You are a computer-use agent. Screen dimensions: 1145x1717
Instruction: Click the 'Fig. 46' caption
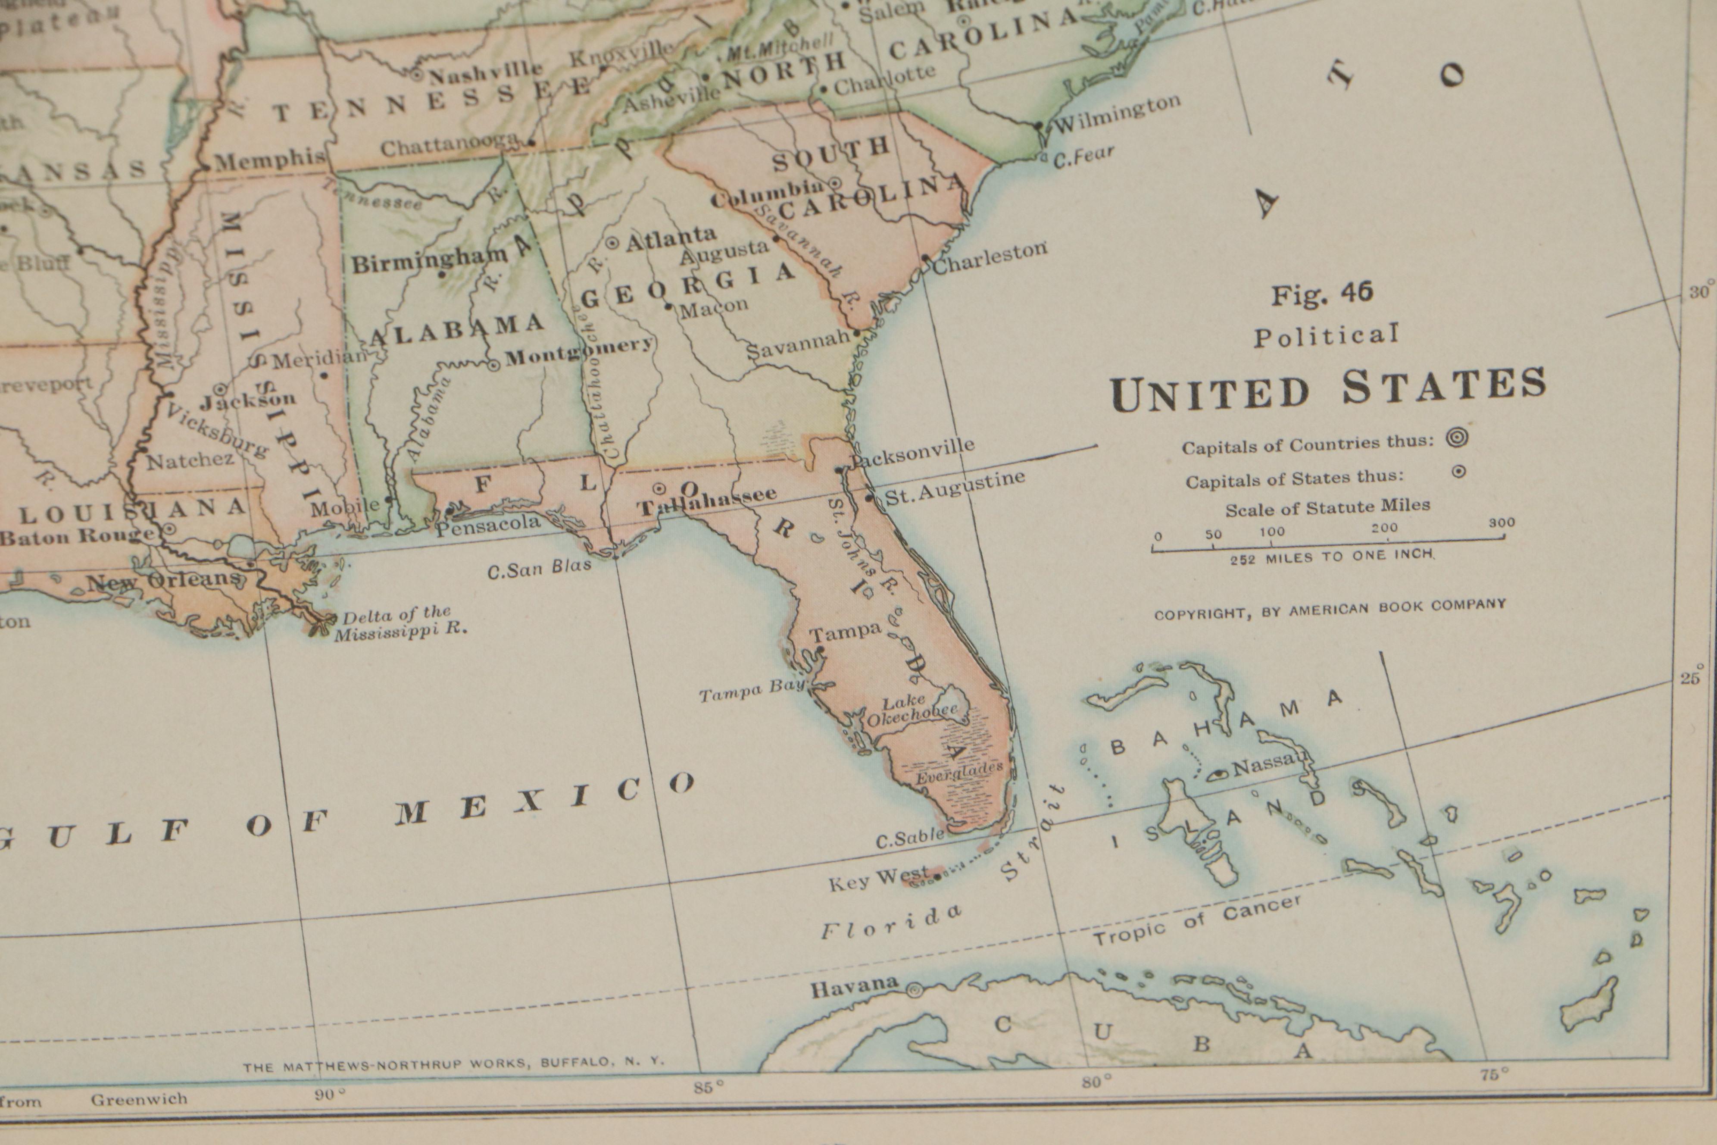point(1322,294)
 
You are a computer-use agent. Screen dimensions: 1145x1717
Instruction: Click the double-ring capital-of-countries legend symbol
point(1457,438)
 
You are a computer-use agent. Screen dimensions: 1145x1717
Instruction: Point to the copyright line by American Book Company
point(1330,609)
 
